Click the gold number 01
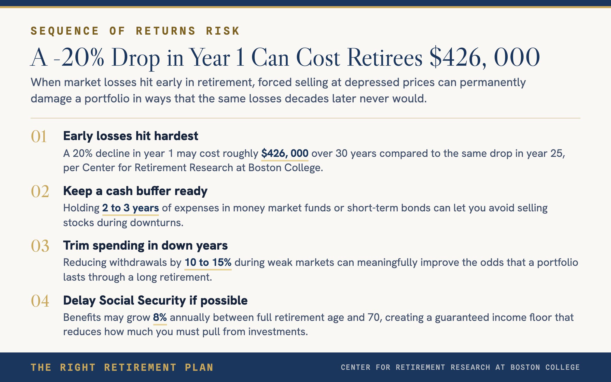point(39,137)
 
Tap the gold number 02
point(40,192)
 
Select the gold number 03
point(40,246)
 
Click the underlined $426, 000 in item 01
point(285,154)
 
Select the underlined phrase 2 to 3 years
point(131,208)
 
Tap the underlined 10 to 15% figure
point(208,263)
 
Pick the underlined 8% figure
point(160,318)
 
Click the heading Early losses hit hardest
point(131,136)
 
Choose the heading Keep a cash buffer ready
point(135,191)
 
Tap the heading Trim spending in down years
point(145,246)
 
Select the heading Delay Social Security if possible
point(155,301)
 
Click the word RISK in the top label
point(223,31)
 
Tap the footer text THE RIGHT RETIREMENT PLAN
point(122,367)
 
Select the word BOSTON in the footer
point(525,367)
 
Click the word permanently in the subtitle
point(493,83)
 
